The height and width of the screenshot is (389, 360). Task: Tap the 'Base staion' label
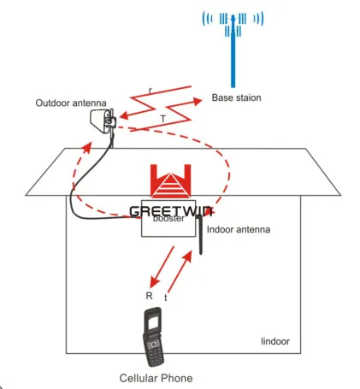point(236,98)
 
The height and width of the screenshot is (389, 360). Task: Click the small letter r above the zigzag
point(150,88)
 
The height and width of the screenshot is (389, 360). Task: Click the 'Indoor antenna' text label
point(239,228)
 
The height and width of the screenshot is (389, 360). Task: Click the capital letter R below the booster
point(149,294)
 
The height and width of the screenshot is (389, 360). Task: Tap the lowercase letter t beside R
point(165,297)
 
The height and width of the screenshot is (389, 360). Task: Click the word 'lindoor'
point(274,342)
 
